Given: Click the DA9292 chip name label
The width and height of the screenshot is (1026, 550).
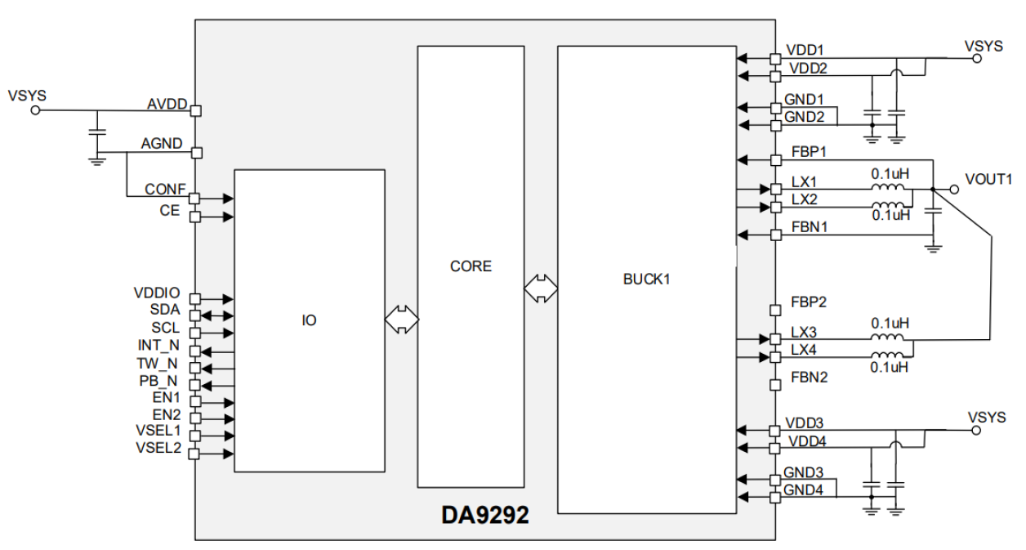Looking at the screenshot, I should coord(485,516).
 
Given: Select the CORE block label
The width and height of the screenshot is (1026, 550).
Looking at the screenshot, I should coord(471,266).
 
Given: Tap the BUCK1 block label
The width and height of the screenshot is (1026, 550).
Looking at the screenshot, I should coord(646,279).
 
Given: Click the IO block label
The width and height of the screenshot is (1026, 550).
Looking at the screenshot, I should coord(309,320).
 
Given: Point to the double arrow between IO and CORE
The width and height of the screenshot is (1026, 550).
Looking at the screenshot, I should coord(400,319).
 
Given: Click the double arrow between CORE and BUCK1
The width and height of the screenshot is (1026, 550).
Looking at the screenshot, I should coord(541,287).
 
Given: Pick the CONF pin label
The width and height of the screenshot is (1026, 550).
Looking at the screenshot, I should coord(165,190).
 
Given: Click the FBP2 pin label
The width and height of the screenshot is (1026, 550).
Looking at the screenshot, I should coord(809,302).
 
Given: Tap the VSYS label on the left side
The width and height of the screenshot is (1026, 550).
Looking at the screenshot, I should coord(27,96).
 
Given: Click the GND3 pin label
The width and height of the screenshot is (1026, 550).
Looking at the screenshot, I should coord(804,472).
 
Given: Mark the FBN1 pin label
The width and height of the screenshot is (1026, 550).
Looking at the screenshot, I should coord(809,227).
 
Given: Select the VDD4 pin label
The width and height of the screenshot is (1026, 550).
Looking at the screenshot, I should coord(805,441).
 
